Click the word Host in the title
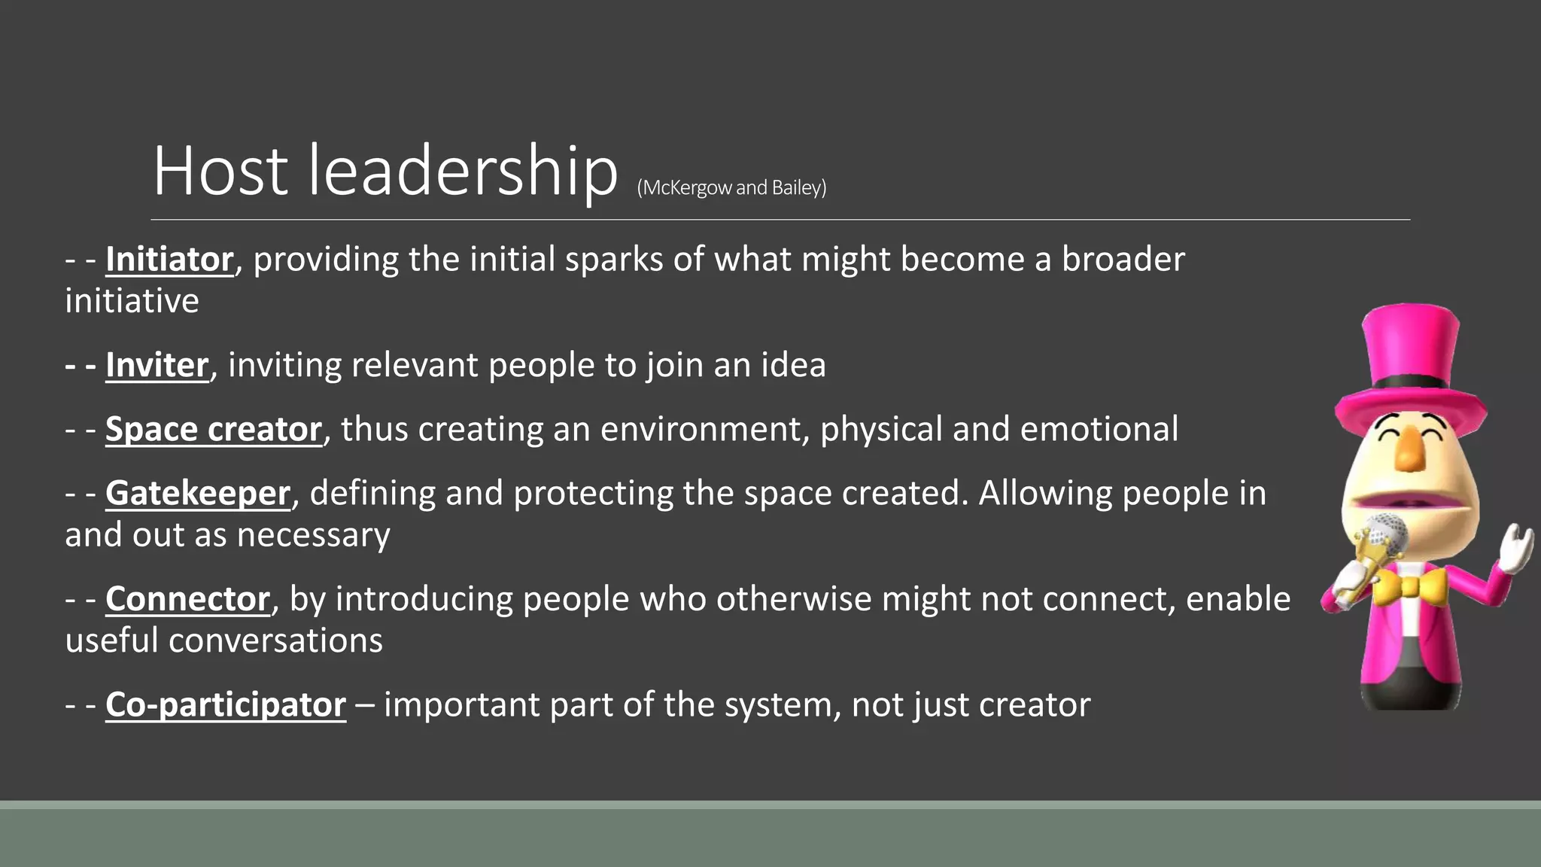[x=220, y=171]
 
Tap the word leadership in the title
[x=463, y=171]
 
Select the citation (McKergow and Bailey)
[x=731, y=187]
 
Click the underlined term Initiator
[x=169, y=260]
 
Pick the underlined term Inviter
[x=157, y=365]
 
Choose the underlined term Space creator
[x=214, y=429]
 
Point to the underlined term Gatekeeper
[x=198, y=494]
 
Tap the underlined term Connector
[x=187, y=599]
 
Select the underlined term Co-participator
[x=226, y=704]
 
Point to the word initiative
[x=132, y=301]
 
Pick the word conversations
[x=275, y=640]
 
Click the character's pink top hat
[x=1410, y=361]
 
